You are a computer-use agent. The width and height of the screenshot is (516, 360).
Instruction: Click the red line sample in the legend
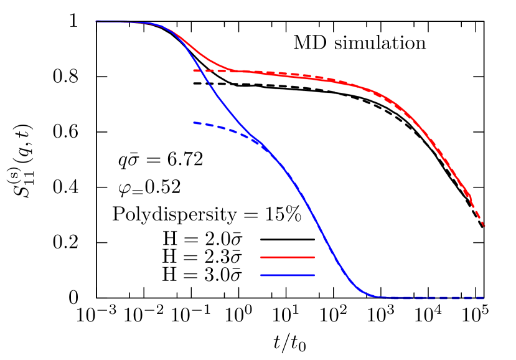point(287,257)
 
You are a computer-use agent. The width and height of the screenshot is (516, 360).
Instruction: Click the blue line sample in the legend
point(287,275)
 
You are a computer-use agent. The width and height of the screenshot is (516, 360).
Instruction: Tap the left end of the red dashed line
point(194,70)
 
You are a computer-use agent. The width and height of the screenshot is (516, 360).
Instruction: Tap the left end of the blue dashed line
point(194,123)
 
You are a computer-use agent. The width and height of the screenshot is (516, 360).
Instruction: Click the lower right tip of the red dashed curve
point(484,226)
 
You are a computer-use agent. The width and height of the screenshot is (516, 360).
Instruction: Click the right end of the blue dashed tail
point(484,298)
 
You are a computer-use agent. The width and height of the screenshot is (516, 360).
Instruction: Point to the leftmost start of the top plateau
point(96,21)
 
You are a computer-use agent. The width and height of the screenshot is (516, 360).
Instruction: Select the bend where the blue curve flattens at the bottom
point(372,295)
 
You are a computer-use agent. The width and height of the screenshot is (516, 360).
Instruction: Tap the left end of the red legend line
point(261,257)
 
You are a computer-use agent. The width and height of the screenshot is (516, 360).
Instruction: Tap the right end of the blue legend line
point(314,275)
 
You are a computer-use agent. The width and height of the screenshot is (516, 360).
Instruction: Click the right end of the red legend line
point(314,257)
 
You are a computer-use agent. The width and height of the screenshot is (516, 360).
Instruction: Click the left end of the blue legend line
point(261,275)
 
